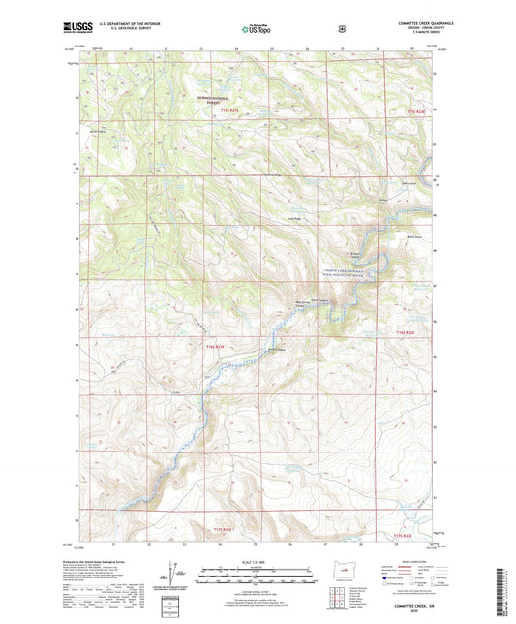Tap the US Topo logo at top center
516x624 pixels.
256,31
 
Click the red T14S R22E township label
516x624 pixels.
406,332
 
